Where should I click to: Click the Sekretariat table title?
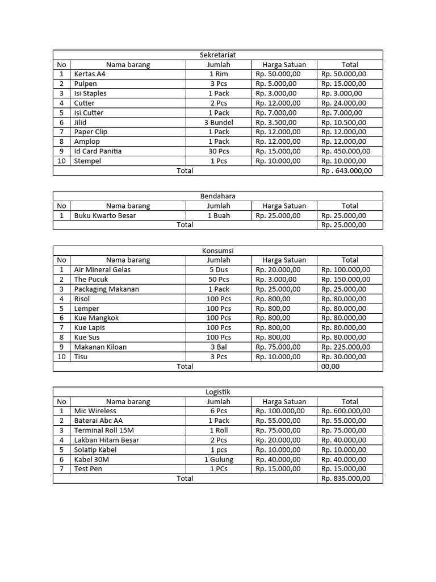point(218,55)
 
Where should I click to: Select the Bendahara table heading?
point(218,196)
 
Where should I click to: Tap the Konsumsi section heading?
point(218,251)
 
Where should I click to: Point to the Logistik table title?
point(218,392)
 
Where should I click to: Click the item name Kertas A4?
point(90,74)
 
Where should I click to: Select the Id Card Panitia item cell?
point(98,151)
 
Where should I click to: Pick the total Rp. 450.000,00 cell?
point(346,151)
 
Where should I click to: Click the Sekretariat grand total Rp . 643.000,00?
point(347,171)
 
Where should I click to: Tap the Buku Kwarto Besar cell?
point(105,215)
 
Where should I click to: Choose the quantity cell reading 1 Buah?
point(219,215)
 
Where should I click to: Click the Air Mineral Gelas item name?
point(102,269)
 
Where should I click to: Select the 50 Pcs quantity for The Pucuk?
point(219,279)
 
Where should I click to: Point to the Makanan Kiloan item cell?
point(100,347)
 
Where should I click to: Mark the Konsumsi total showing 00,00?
point(330,367)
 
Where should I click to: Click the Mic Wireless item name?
point(95,411)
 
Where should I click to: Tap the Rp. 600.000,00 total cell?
point(346,411)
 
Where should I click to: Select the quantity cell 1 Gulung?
point(219,459)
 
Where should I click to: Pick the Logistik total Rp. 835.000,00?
point(346,479)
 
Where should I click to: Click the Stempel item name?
point(87,161)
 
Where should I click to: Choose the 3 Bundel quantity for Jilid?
point(219,122)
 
